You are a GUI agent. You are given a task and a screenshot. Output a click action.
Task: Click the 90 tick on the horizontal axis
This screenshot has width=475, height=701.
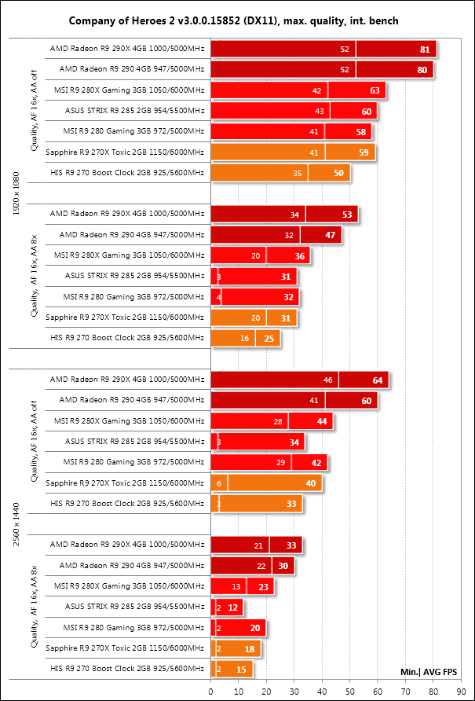(462, 689)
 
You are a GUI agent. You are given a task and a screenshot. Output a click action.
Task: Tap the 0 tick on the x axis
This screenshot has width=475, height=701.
(210, 689)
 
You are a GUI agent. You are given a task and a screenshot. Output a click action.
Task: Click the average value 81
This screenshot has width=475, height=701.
(425, 50)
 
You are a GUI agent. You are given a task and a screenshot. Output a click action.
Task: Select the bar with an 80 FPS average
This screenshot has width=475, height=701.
(322, 70)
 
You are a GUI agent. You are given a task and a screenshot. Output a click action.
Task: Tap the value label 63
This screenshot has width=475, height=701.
(375, 90)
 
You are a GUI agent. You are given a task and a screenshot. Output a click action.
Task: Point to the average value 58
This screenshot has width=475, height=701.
(361, 131)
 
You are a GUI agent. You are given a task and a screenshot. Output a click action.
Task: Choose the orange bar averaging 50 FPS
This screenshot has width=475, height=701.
(280, 173)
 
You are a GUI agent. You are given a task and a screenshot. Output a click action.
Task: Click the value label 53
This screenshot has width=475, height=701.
(347, 214)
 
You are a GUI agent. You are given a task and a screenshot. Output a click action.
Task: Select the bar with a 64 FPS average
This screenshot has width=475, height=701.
(299, 380)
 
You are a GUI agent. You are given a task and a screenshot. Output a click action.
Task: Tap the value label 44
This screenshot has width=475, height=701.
(322, 421)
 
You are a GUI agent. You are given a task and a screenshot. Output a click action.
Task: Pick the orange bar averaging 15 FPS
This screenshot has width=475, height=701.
(232, 669)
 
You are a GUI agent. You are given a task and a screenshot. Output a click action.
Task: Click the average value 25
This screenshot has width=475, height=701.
(269, 338)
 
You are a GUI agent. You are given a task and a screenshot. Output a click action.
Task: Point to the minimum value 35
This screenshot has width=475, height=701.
(297, 173)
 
